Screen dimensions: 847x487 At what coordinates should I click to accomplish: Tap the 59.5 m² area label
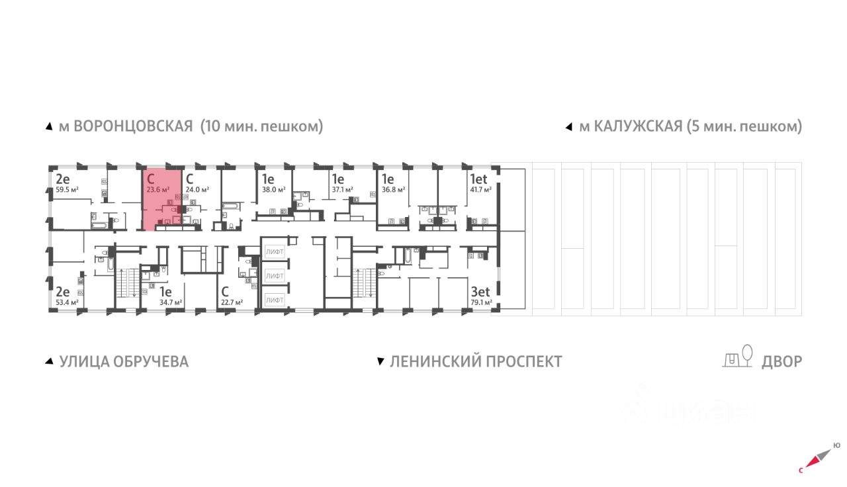[67, 189]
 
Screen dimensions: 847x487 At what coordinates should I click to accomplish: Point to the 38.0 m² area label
[273, 189]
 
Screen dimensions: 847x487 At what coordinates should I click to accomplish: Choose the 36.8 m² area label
[394, 189]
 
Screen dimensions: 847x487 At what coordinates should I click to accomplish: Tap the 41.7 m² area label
[480, 189]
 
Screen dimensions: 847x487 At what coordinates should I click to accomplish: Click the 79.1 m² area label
[481, 302]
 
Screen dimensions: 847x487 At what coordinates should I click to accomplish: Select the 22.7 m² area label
[232, 302]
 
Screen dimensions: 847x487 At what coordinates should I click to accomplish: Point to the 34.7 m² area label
[171, 302]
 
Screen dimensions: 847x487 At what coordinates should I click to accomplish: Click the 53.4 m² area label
[67, 302]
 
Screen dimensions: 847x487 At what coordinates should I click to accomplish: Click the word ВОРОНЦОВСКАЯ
[132, 126]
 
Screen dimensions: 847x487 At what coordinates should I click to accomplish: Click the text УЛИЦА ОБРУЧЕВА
[124, 362]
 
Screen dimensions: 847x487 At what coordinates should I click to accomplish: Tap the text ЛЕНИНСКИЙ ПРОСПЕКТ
[476, 362]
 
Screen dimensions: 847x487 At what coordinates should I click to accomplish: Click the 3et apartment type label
[480, 290]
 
